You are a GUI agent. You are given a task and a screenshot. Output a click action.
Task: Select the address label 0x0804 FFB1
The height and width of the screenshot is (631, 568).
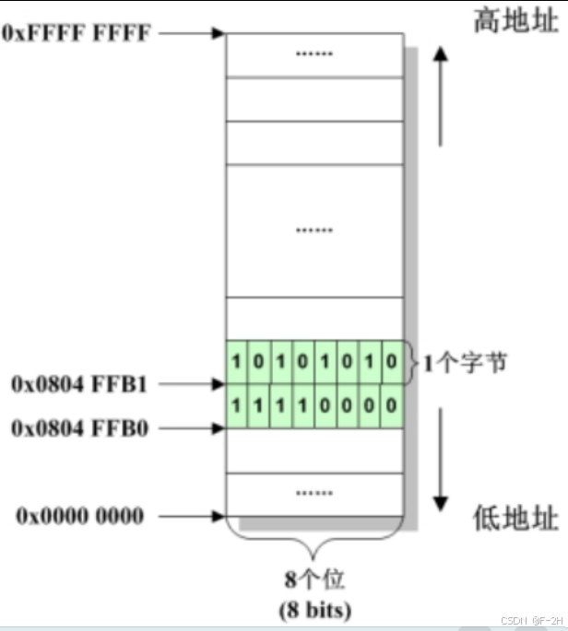click(x=79, y=382)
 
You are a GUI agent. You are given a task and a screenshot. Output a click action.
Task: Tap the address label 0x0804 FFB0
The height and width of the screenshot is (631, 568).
click(x=79, y=428)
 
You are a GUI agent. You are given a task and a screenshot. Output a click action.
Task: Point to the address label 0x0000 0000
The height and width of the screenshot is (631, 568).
click(x=79, y=516)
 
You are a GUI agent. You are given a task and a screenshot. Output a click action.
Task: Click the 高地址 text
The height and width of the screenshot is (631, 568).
click(x=515, y=19)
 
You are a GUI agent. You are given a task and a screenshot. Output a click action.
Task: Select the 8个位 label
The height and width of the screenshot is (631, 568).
click(x=315, y=581)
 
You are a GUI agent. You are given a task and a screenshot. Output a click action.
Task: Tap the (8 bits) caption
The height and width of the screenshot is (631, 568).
click(x=315, y=609)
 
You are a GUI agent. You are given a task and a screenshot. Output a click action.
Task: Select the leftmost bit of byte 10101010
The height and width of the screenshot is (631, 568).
click(x=237, y=363)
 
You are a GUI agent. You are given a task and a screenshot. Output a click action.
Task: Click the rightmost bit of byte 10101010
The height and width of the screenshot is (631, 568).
click(x=393, y=363)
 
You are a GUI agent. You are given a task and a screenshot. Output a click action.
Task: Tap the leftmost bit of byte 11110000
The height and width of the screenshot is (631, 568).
click(x=237, y=404)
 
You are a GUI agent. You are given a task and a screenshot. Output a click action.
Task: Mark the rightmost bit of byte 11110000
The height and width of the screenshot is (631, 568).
click(x=393, y=404)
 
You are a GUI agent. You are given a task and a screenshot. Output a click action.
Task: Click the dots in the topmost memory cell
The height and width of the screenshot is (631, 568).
click(x=314, y=54)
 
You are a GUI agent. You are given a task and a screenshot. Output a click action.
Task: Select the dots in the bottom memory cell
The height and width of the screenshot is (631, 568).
click(x=314, y=494)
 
